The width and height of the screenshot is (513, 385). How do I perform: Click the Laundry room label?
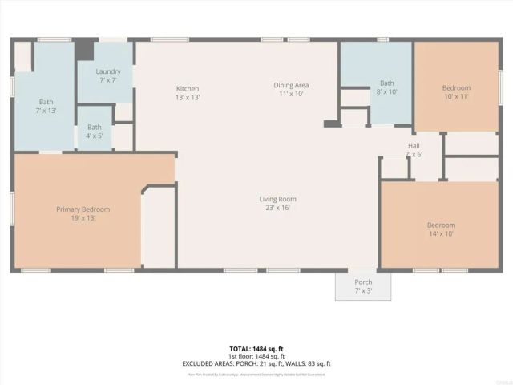[x=108, y=71]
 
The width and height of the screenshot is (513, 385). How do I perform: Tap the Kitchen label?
[x=188, y=88]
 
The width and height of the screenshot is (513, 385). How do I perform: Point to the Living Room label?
[x=277, y=199]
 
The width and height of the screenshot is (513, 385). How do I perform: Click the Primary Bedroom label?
[x=83, y=209]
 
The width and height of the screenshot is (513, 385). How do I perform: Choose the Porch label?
[x=364, y=282]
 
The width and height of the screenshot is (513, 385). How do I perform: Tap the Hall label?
[x=414, y=145]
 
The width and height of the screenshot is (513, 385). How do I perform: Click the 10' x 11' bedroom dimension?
[x=456, y=96]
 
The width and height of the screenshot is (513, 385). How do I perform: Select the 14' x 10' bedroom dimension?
[x=441, y=233]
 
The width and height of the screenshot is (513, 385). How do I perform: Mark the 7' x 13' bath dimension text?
[x=46, y=110]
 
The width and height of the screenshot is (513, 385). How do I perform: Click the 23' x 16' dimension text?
[x=277, y=208]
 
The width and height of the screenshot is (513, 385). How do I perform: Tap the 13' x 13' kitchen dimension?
[x=188, y=97]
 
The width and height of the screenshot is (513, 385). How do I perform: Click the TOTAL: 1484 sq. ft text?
[x=256, y=350]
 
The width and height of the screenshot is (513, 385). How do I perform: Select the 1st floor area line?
[x=256, y=356]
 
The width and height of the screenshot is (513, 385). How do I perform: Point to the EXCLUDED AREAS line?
[x=256, y=363]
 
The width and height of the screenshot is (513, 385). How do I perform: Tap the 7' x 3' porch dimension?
[x=364, y=290]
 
